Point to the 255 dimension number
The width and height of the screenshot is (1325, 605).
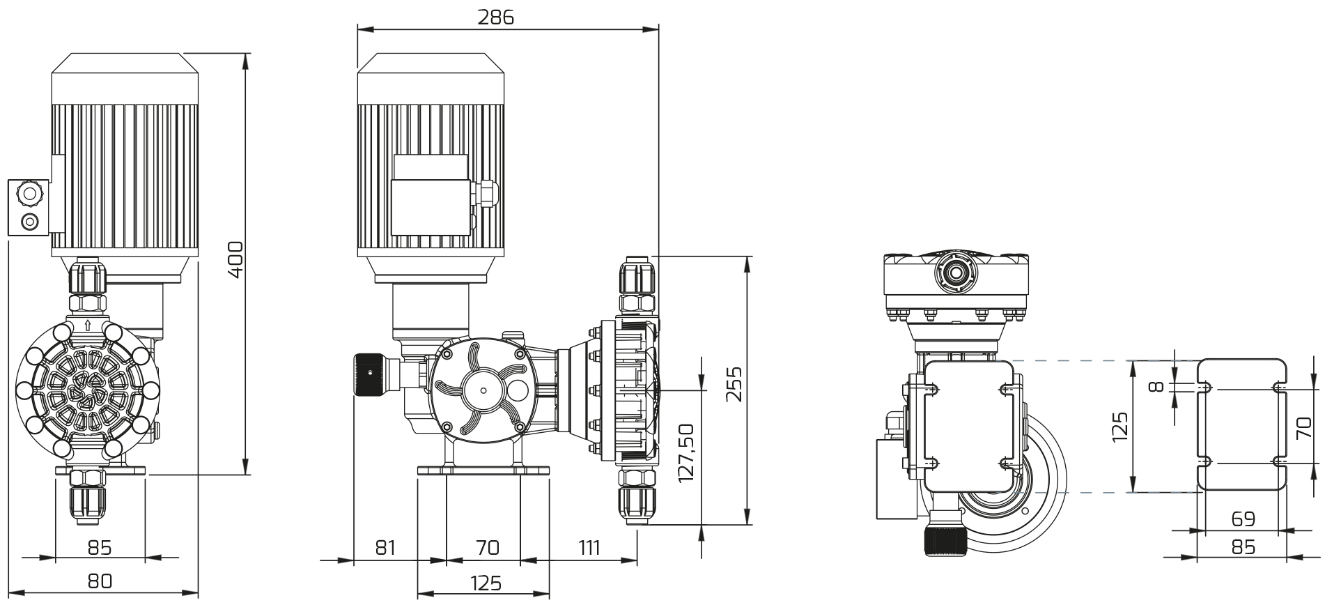(x=734, y=384)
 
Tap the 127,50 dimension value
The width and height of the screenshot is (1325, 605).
(x=686, y=452)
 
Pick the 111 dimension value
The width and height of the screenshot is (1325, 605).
(x=589, y=548)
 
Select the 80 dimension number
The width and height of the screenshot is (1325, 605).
(x=100, y=581)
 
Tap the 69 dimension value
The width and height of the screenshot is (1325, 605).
(x=1243, y=519)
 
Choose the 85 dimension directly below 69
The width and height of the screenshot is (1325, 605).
(x=1243, y=547)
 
